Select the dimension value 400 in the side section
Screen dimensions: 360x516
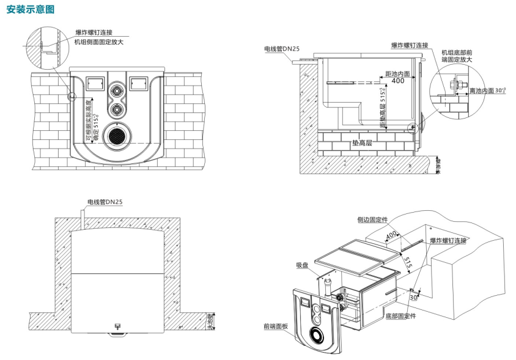tap(398, 81)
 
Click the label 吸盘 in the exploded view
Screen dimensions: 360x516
tap(301, 265)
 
